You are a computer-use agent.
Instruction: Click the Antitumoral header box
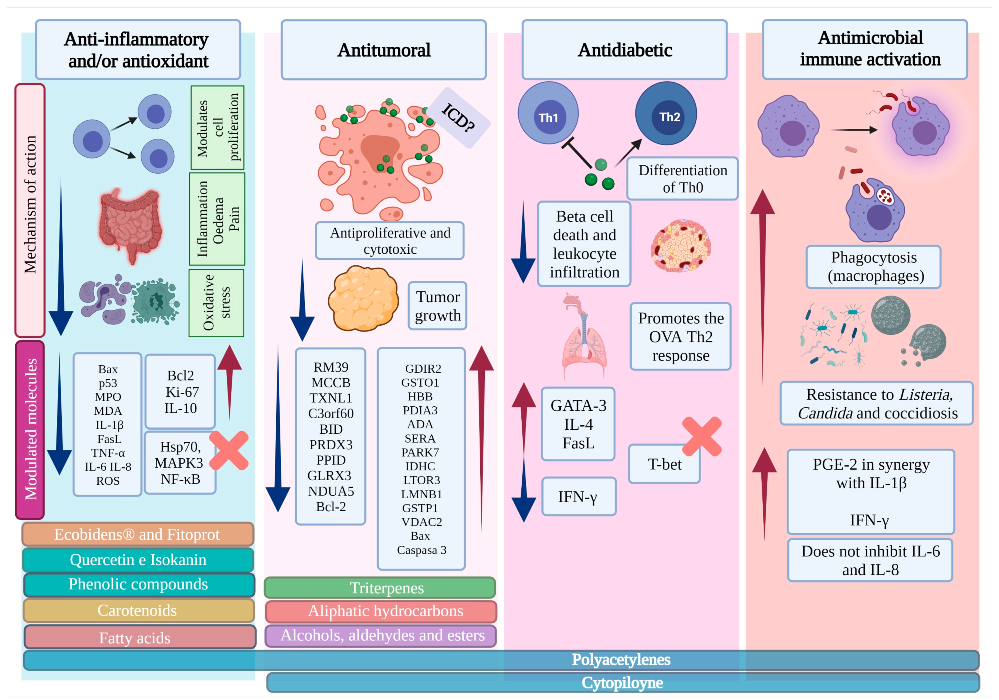[383, 50]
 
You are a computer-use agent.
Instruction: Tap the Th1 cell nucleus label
[548, 117]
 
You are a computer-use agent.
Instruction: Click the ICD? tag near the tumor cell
[459, 117]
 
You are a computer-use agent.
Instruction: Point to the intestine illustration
[130, 224]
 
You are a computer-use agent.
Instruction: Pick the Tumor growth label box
[437, 306]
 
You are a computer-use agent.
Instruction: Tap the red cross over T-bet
[701, 436]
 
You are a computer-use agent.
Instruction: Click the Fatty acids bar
[139, 637]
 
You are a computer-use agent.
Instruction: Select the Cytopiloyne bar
[622, 683]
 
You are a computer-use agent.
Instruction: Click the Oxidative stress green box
[216, 303]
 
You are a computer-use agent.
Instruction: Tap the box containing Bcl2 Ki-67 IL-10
[180, 391]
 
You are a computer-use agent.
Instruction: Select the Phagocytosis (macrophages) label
[873, 267]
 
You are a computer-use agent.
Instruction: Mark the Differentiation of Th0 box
[682, 179]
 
